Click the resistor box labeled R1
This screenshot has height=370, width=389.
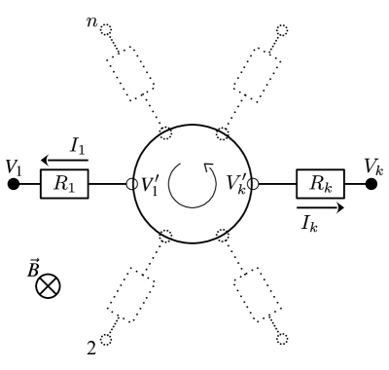(64, 183)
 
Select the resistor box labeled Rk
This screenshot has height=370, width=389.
(323, 183)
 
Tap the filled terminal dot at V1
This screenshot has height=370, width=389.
(14, 183)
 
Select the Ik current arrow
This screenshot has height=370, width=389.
(322, 206)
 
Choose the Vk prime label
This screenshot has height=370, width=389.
(236, 182)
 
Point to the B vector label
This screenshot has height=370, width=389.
(34, 265)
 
